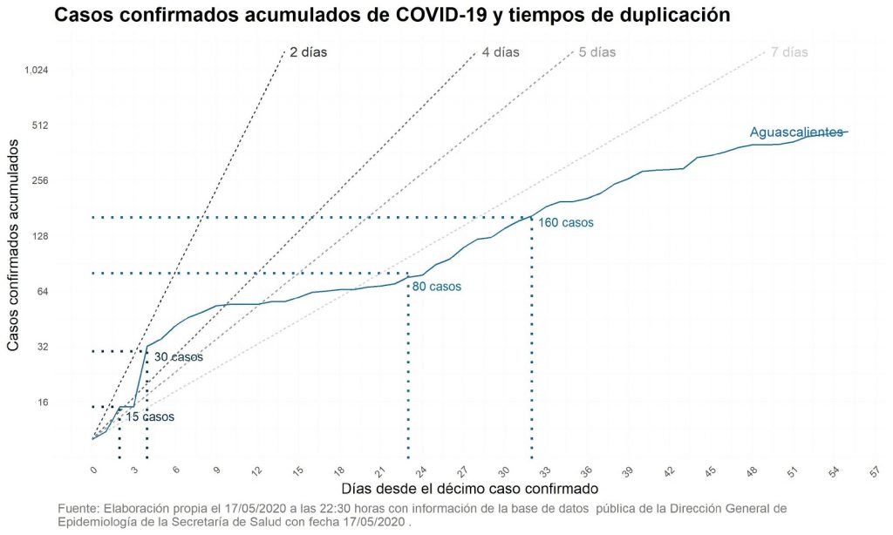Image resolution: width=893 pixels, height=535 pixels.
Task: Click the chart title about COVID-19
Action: (x=391, y=16)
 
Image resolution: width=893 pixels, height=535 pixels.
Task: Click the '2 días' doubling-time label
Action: (x=308, y=52)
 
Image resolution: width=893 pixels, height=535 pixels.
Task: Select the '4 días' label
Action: (x=500, y=52)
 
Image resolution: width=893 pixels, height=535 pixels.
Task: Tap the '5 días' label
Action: (x=596, y=52)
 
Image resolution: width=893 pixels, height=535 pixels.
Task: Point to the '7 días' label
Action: (x=789, y=52)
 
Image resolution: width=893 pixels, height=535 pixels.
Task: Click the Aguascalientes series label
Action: (x=796, y=132)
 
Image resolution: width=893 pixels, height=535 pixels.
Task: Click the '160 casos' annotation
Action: (x=566, y=223)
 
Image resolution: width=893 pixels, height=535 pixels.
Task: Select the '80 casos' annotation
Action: (x=436, y=286)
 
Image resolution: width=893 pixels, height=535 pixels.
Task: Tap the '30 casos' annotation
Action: (x=178, y=357)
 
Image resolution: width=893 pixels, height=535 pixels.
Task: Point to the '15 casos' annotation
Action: (x=150, y=417)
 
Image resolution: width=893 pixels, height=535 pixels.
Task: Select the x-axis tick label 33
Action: (x=545, y=471)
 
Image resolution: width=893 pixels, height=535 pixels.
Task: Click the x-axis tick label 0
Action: (x=94, y=471)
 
